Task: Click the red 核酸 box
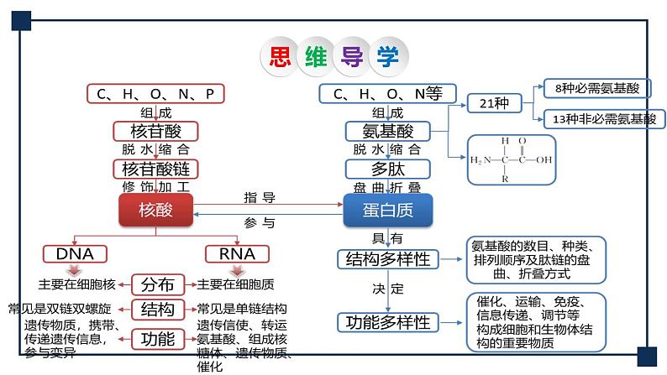[155, 210]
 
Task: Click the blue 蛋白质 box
[389, 211]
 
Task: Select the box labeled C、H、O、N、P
[156, 93]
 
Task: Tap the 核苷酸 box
[155, 131]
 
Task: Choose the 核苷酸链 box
[155, 169]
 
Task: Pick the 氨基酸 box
[388, 131]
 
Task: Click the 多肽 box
[388, 169]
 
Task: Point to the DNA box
[74, 253]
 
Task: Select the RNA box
[237, 253]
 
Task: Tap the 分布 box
[157, 284]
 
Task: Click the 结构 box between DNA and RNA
[157, 309]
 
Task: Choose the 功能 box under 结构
[157, 338]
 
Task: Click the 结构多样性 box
[388, 259]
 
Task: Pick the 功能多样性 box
[388, 322]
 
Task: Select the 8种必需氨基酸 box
[591, 87]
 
